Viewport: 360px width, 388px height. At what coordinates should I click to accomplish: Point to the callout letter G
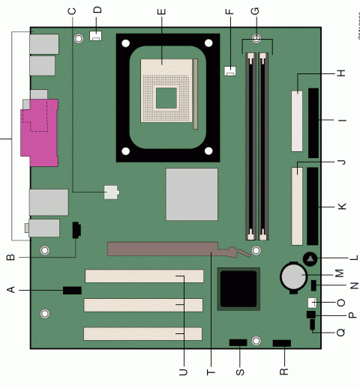pyautogui.click(x=256, y=10)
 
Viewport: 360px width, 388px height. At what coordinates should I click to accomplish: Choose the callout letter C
pyautogui.click(x=73, y=10)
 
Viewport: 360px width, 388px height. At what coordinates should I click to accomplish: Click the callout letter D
pyautogui.click(x=97, y=10)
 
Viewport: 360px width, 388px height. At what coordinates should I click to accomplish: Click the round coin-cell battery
pyautogui.click(x=292, y=276)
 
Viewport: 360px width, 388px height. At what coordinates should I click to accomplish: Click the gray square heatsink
pyautogui.click(x=191, y=193)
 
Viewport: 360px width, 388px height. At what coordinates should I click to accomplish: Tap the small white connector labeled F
pyautogui.click(x=229, y=71)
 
